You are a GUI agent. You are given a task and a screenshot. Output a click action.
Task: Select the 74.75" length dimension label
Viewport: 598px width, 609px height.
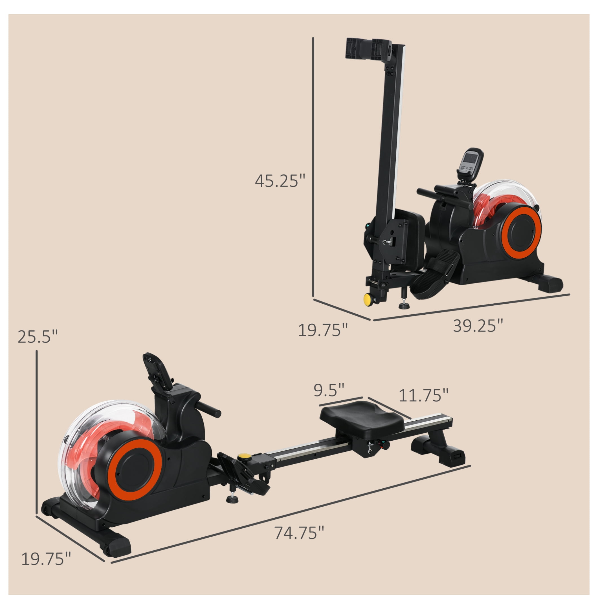[x=299, y=532]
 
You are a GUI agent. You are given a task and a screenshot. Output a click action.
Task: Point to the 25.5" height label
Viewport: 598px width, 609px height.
[x=38, y=337]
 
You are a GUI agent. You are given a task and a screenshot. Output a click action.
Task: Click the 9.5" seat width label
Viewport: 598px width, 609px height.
[x=329, y=390]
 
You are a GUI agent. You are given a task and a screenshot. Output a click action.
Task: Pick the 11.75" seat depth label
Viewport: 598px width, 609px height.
[x=423, y=395]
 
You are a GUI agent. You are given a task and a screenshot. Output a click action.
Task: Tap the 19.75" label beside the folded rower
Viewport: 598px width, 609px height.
[x=323, y=330]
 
